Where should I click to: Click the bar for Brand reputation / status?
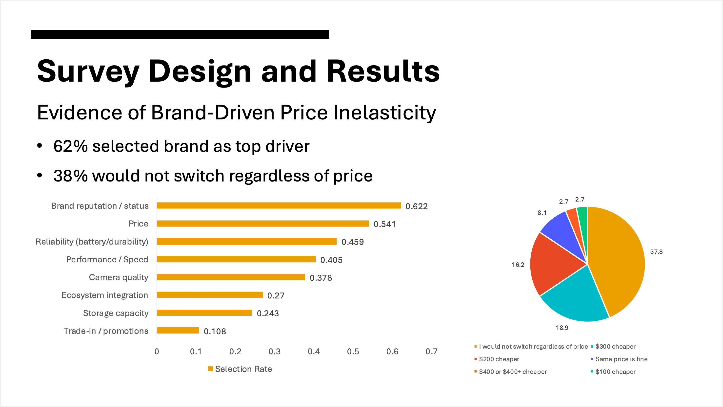(x=279, y=205)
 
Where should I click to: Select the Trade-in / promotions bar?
(x=178, y=331)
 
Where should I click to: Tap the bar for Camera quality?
(x=231, y=277)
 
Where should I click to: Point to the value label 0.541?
(x=384, y=224)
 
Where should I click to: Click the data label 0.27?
(x=276, y=295)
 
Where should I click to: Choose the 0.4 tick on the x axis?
(x=314, y=351)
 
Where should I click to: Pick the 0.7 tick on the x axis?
(x=431, y=351)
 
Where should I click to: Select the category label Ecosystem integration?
(x=105, y=295)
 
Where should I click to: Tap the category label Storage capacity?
(x=116, y=313)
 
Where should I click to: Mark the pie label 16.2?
(x=518, y=265)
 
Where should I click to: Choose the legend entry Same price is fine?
(x=621, y=359)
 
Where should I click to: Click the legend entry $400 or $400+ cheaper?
(x=513, y=372)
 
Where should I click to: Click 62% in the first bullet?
(x=70, y=146)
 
